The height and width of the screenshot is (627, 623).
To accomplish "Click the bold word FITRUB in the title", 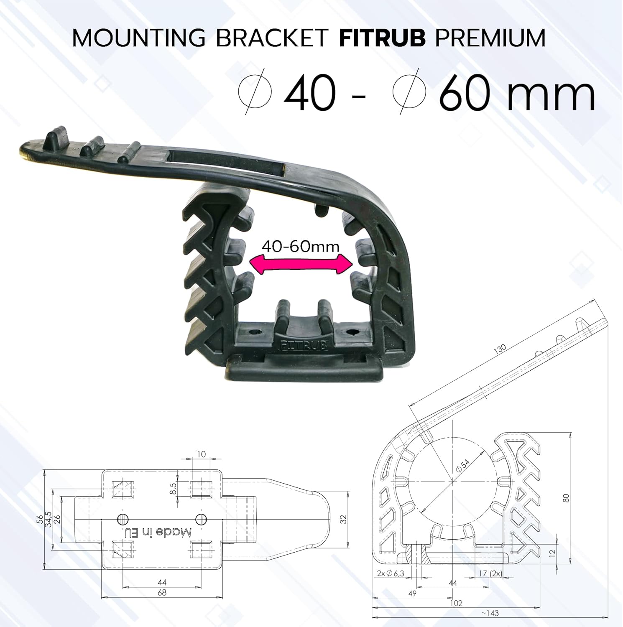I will coord(382,38).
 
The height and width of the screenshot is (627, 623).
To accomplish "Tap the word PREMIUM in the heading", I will coord(490,38).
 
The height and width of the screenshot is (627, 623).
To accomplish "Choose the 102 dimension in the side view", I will coord(456,603).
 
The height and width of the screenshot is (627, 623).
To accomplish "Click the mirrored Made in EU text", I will coord(158,532).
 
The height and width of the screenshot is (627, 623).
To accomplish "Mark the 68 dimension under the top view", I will coord(162,592).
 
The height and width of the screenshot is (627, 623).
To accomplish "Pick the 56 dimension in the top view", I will coord(40,519).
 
